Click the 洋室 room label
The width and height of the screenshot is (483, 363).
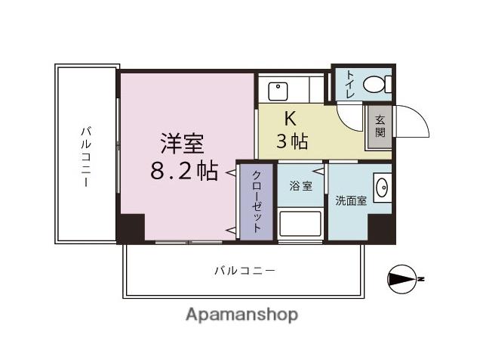tap(181, 142)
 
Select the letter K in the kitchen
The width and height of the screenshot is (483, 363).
tap(290, 119)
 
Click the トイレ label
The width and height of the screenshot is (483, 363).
tap(350, 84)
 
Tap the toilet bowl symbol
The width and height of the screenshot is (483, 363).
tap(375, 84)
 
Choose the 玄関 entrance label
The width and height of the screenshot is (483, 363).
tap(380, 125)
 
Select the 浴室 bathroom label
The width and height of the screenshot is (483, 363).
tap(301, 186)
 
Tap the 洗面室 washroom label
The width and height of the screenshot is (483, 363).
tap(351, 200)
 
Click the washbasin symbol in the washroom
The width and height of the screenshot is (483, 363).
tap(381, 186)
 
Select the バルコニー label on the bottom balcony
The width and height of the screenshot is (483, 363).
tap(244, 270)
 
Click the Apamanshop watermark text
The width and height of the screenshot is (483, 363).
tap(241, 315)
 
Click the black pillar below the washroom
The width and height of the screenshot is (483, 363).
tap(381, 228)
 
